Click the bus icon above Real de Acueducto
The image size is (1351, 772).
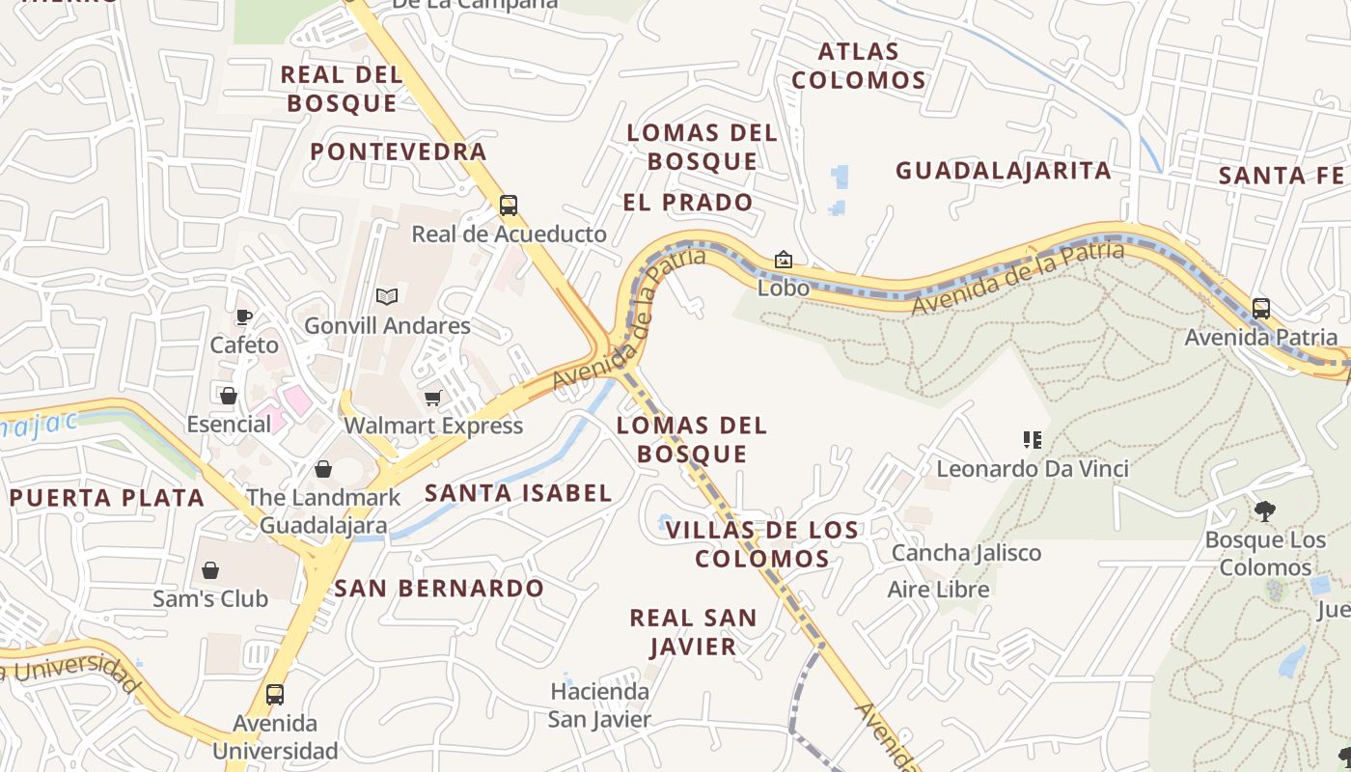(x=509, y=205)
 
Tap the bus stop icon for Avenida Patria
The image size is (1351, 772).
(x=1261, y=309)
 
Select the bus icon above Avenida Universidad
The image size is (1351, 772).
(x=275, y=694)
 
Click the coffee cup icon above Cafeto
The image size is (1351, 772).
(x=244, y=317)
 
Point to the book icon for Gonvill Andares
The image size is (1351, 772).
(x=387, y=296)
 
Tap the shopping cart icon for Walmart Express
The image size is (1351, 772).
(x=433, y=398)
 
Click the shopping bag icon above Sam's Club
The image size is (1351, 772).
(x=210, y=570)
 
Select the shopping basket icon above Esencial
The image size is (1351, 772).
(x=229, y=396)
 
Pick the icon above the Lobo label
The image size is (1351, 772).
(x=784, y=260)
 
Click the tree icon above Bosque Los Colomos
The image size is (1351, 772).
(x=1265, y=510)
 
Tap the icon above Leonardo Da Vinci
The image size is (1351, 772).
(x=1033, y=440)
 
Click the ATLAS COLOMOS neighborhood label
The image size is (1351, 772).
(x=859, y=66)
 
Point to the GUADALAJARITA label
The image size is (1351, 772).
(x=1004, y=171)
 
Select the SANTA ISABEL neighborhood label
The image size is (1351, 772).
(x=519, y=493)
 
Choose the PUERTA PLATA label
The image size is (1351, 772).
(x=107, y=498)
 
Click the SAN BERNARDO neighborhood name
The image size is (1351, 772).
(x=439, y=588)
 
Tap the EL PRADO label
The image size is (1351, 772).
(x=688, y=203)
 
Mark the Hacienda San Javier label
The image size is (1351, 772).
(x=600, y=705)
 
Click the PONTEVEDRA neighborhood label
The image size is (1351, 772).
(x=399, y=152)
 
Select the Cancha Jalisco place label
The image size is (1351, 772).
(x=966, y=553)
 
